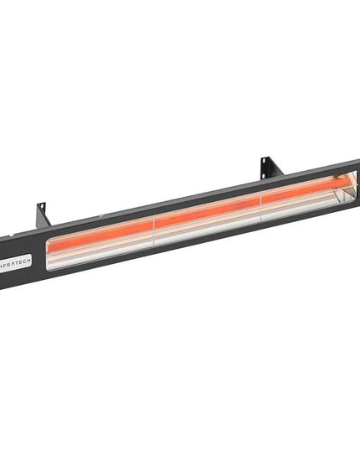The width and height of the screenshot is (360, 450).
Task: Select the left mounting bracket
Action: (x=42, y=215)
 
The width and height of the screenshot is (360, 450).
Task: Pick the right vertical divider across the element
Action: (x=262, y=200)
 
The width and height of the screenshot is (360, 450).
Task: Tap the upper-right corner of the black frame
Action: (x=357, y=161)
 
